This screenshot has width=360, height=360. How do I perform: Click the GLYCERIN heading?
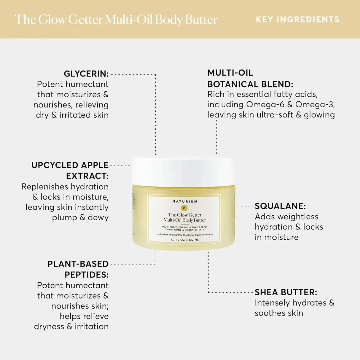click(x=86, y=74)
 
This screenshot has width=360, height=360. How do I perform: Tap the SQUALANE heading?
click(x=280, y=206)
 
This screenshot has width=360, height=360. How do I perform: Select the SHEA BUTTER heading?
click(x=286, y=292)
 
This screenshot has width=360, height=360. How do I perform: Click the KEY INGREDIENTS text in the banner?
click(x=297, y=20)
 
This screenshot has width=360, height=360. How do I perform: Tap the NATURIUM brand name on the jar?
click(x=185, y=201)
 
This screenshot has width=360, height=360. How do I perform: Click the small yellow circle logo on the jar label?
click(x=184, y=208)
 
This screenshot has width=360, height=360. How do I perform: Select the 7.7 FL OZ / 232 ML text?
click(x=184, y=240)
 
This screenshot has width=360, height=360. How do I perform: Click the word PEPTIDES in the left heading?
click(x=87, y=275)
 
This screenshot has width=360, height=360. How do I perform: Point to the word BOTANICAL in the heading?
click(x=233, y=84)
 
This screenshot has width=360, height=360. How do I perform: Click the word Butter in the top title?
click(x=201, y=20)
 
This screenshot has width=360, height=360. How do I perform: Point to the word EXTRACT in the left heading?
click(x=87, y=176)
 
